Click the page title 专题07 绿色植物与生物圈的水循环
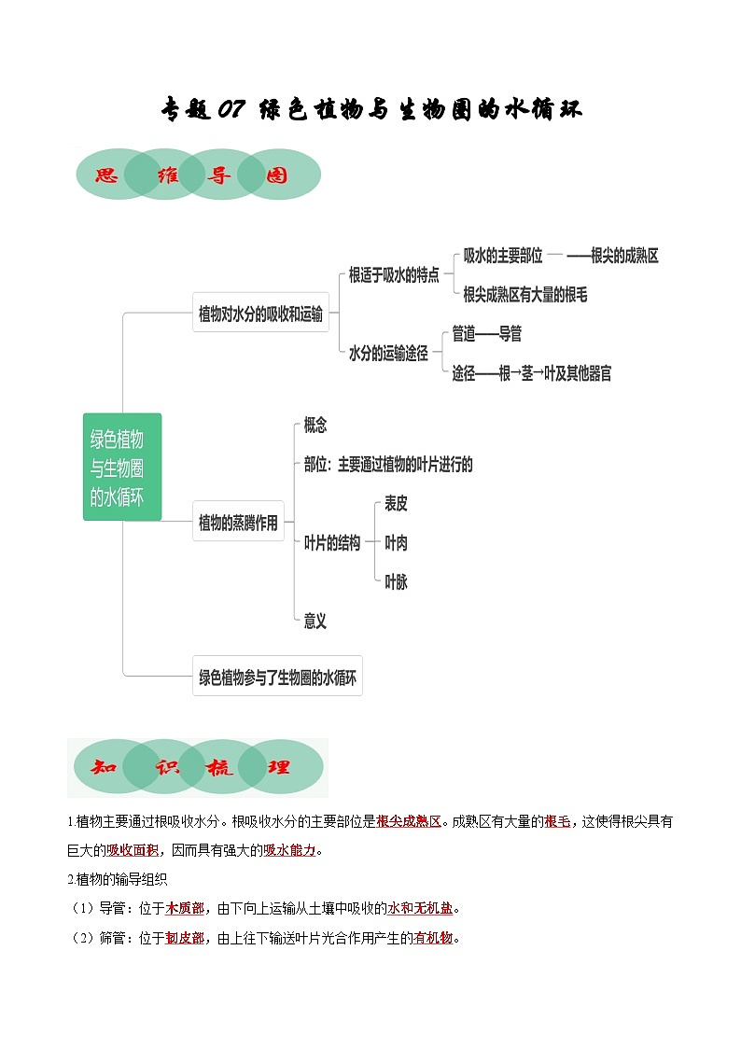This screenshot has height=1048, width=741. tap(371, 109)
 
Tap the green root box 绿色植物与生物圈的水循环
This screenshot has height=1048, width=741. tap(121, 467)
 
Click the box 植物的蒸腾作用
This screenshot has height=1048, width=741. tap(238, 524)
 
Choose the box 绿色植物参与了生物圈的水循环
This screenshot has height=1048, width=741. tap(277, 678)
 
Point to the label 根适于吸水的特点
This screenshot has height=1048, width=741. tap(394, 275)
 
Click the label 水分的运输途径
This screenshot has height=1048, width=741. tap(388, 354)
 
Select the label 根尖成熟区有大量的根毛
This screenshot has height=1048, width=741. tap(525, 295)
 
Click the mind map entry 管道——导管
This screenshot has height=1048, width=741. tap(486, 333)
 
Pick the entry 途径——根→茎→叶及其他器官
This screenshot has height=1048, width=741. tap(532, 373)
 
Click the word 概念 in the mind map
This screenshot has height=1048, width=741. tap(315, 425)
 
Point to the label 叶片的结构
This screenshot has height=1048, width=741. tap(332, 543)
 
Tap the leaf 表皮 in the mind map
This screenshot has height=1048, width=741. tap(396, 504)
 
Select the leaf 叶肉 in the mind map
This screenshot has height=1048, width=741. tap(396, 543)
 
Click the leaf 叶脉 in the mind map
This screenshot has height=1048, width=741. tap(396, 582)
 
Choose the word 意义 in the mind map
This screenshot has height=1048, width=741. tap(315, 621)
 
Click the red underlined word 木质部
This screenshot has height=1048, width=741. tap(185, 908)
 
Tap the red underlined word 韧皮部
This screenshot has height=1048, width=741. tap(185, 938)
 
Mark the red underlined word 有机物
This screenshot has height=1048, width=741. tap(432, 938)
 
